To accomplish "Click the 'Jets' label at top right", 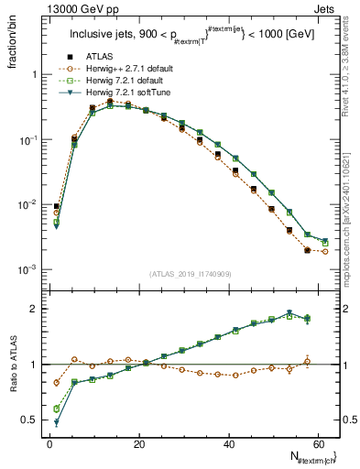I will tap(327, 10).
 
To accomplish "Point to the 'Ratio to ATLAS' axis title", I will tap(14, 365).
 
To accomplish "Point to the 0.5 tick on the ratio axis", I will tap(34, 420).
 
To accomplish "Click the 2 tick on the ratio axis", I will tap(38, 309).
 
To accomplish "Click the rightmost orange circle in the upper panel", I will tap(325, 251).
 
